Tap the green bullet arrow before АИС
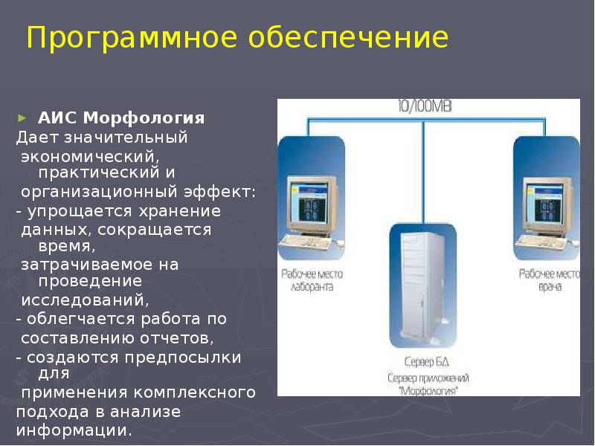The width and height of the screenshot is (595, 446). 22,117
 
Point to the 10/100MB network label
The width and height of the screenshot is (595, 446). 424,107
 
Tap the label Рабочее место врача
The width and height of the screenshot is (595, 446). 550,279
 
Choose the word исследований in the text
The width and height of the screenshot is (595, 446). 84,300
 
